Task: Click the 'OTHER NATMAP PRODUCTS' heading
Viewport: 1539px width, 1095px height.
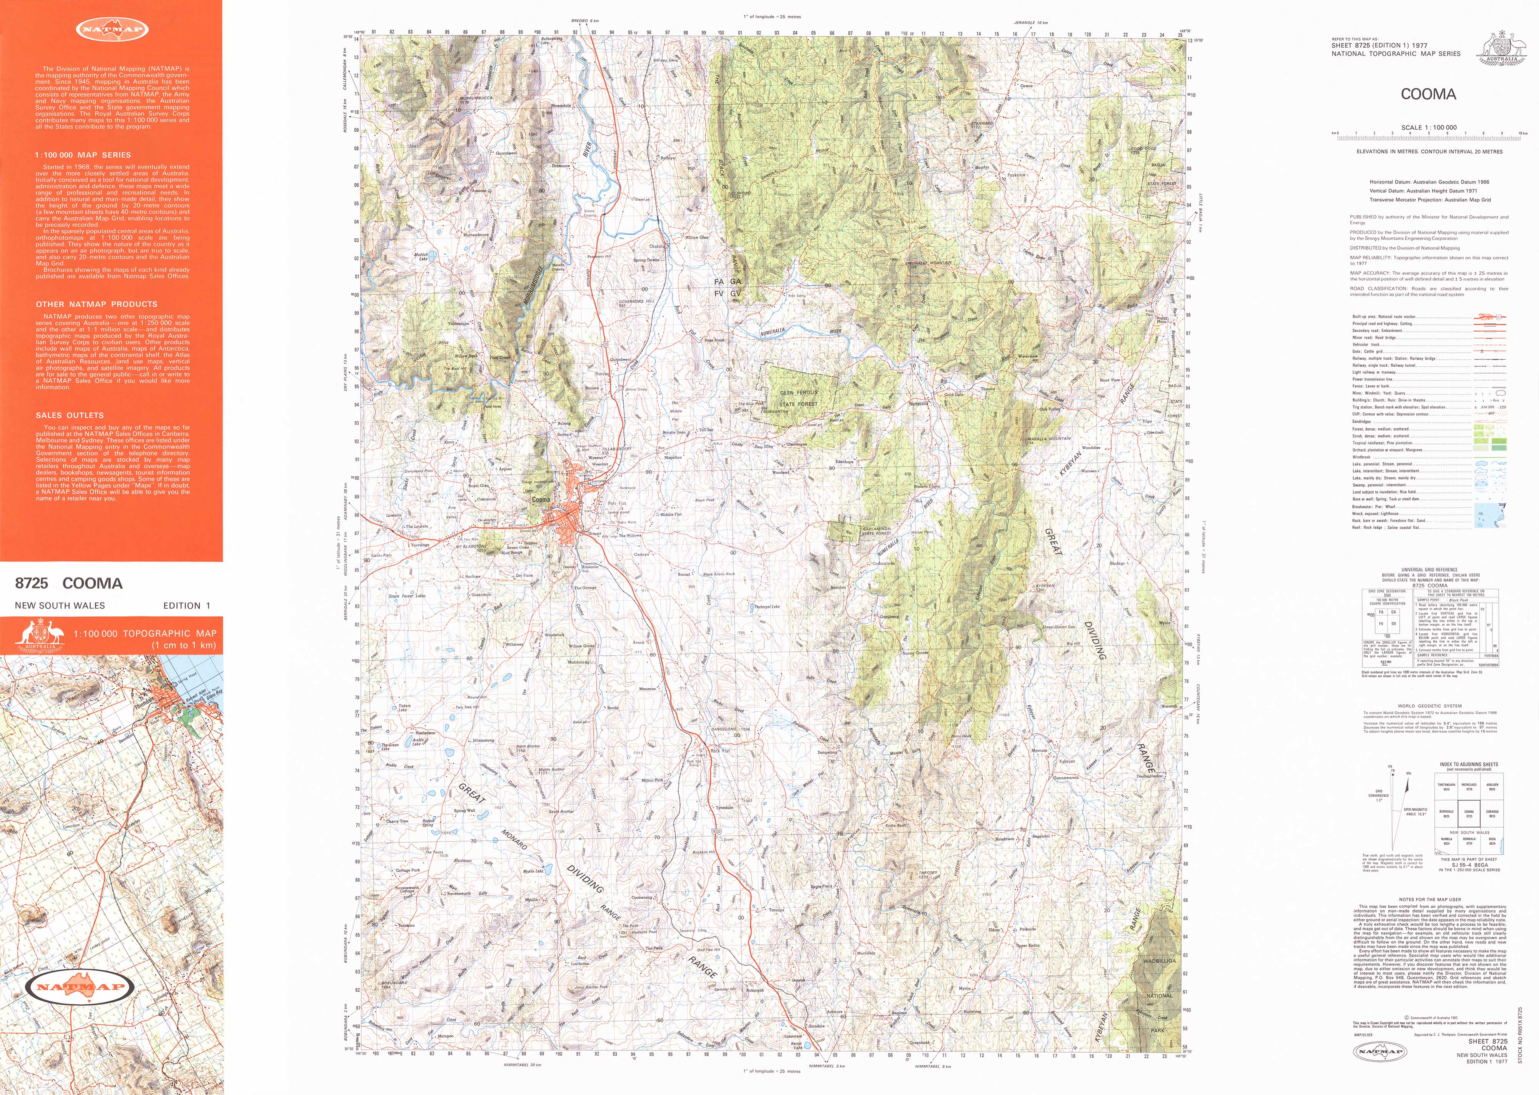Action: click(x=97, y=304)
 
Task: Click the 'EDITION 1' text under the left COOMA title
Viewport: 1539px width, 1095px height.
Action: click(x=186, y=606)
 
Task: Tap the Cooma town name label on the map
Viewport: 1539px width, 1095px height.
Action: click(x=541, y=500)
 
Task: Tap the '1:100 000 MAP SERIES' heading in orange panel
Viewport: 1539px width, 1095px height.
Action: click(x=83, y=155)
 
